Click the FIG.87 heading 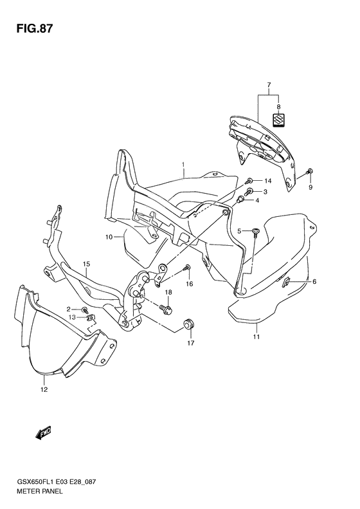click(x=34, y=29)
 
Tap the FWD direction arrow click(x=44, y=433)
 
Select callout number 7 click(x=269, y=85)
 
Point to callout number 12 click(x=44, y=389)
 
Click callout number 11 click(x=256, y=337)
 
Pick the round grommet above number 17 click(x=188, y=324)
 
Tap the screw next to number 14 click(x=250, y=180)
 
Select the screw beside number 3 click(x=250, y=192)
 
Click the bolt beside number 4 click(x=242, y=199)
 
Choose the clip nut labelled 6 click(x=287, y=281)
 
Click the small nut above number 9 click(x=310, y=171)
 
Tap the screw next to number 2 click(x=85, y=310)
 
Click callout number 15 click(x=86, y=264)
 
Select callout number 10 click(x=109, y=237)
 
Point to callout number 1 click(x=183, y=165)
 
